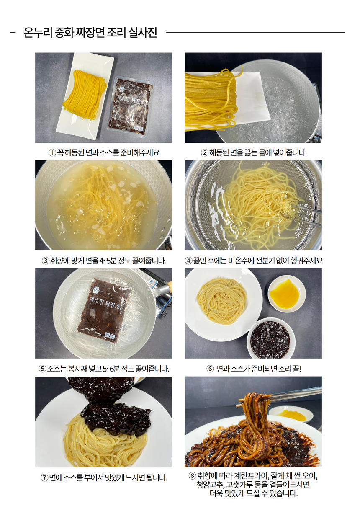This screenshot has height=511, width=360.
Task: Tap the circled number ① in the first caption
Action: coord(52,152)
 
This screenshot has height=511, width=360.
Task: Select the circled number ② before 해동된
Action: coord(204,152)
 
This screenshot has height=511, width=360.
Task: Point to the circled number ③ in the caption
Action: coord(46,261)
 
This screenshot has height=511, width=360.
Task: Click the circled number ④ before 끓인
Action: coord(189,261)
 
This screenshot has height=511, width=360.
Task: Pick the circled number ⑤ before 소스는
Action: coord(42,369)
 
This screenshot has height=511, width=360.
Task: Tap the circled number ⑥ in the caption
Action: coord(210,369)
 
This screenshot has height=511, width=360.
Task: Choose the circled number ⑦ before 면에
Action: coord(44,477)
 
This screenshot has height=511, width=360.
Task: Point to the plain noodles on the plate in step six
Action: coord(221,301)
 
